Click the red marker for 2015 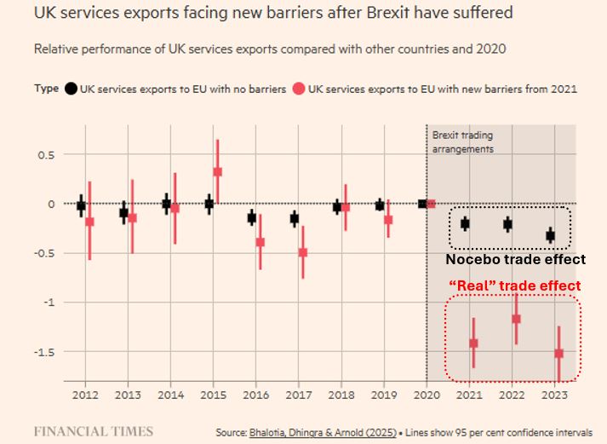218,171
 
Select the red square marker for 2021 473,343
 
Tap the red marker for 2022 516,319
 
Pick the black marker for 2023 550,235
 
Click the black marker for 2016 251,218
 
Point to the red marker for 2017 302,252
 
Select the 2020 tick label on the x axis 426,395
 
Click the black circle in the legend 72,89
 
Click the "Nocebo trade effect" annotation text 516,259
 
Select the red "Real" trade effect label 515,285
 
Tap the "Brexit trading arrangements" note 462,141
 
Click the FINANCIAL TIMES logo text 94,431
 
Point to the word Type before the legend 47,89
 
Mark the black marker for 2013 123,212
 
